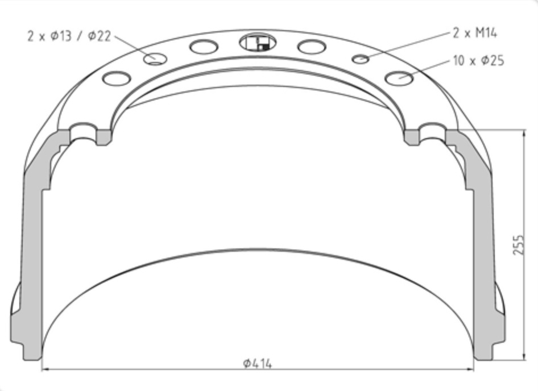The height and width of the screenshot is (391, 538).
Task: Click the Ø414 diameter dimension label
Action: pyautogui.click(x=258, y=363)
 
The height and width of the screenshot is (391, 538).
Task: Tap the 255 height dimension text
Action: pyautogui.click(x=519, y=244)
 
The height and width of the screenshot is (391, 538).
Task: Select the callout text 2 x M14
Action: pyautogui.click(x=475, y=34)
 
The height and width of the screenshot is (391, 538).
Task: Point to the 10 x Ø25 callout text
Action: pyautogui.click(x=479, y=61)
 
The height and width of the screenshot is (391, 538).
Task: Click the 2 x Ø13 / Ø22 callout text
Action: pyautogui.click(x=69, y=36)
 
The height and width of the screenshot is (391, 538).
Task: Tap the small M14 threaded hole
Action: pyautogui.click(x=360, y=59)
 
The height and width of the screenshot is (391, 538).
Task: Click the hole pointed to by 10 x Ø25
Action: pyautogui.click(x=399, y=78)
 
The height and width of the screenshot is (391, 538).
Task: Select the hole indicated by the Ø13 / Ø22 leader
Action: pyautogui.click(x=155, y=59)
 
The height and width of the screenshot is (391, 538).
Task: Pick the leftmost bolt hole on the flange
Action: pyautogui.click(x=117, y=78)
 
